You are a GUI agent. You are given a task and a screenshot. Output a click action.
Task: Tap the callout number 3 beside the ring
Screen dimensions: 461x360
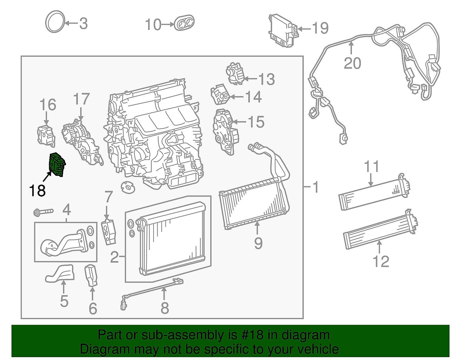(83, 24)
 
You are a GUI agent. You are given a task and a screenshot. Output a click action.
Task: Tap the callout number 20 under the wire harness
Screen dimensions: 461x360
(352, 63)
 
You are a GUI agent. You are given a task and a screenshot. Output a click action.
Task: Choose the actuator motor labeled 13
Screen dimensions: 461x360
(236, 73)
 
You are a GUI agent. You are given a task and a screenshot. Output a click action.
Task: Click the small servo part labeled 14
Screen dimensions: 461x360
(220, 94)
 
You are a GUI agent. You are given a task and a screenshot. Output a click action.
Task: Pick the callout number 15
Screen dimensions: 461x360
(256, 122)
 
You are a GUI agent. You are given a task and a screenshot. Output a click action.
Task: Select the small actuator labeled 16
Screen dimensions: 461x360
(46, 136)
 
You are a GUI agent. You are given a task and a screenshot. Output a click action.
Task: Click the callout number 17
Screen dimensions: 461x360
(81, 99)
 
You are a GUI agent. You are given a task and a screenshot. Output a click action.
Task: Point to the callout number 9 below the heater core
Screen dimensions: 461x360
(258, 244)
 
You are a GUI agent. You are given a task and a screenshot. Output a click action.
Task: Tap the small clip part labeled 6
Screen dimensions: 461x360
(92, 275)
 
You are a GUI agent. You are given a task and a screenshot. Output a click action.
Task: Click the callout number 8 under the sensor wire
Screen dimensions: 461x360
(165, 308)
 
